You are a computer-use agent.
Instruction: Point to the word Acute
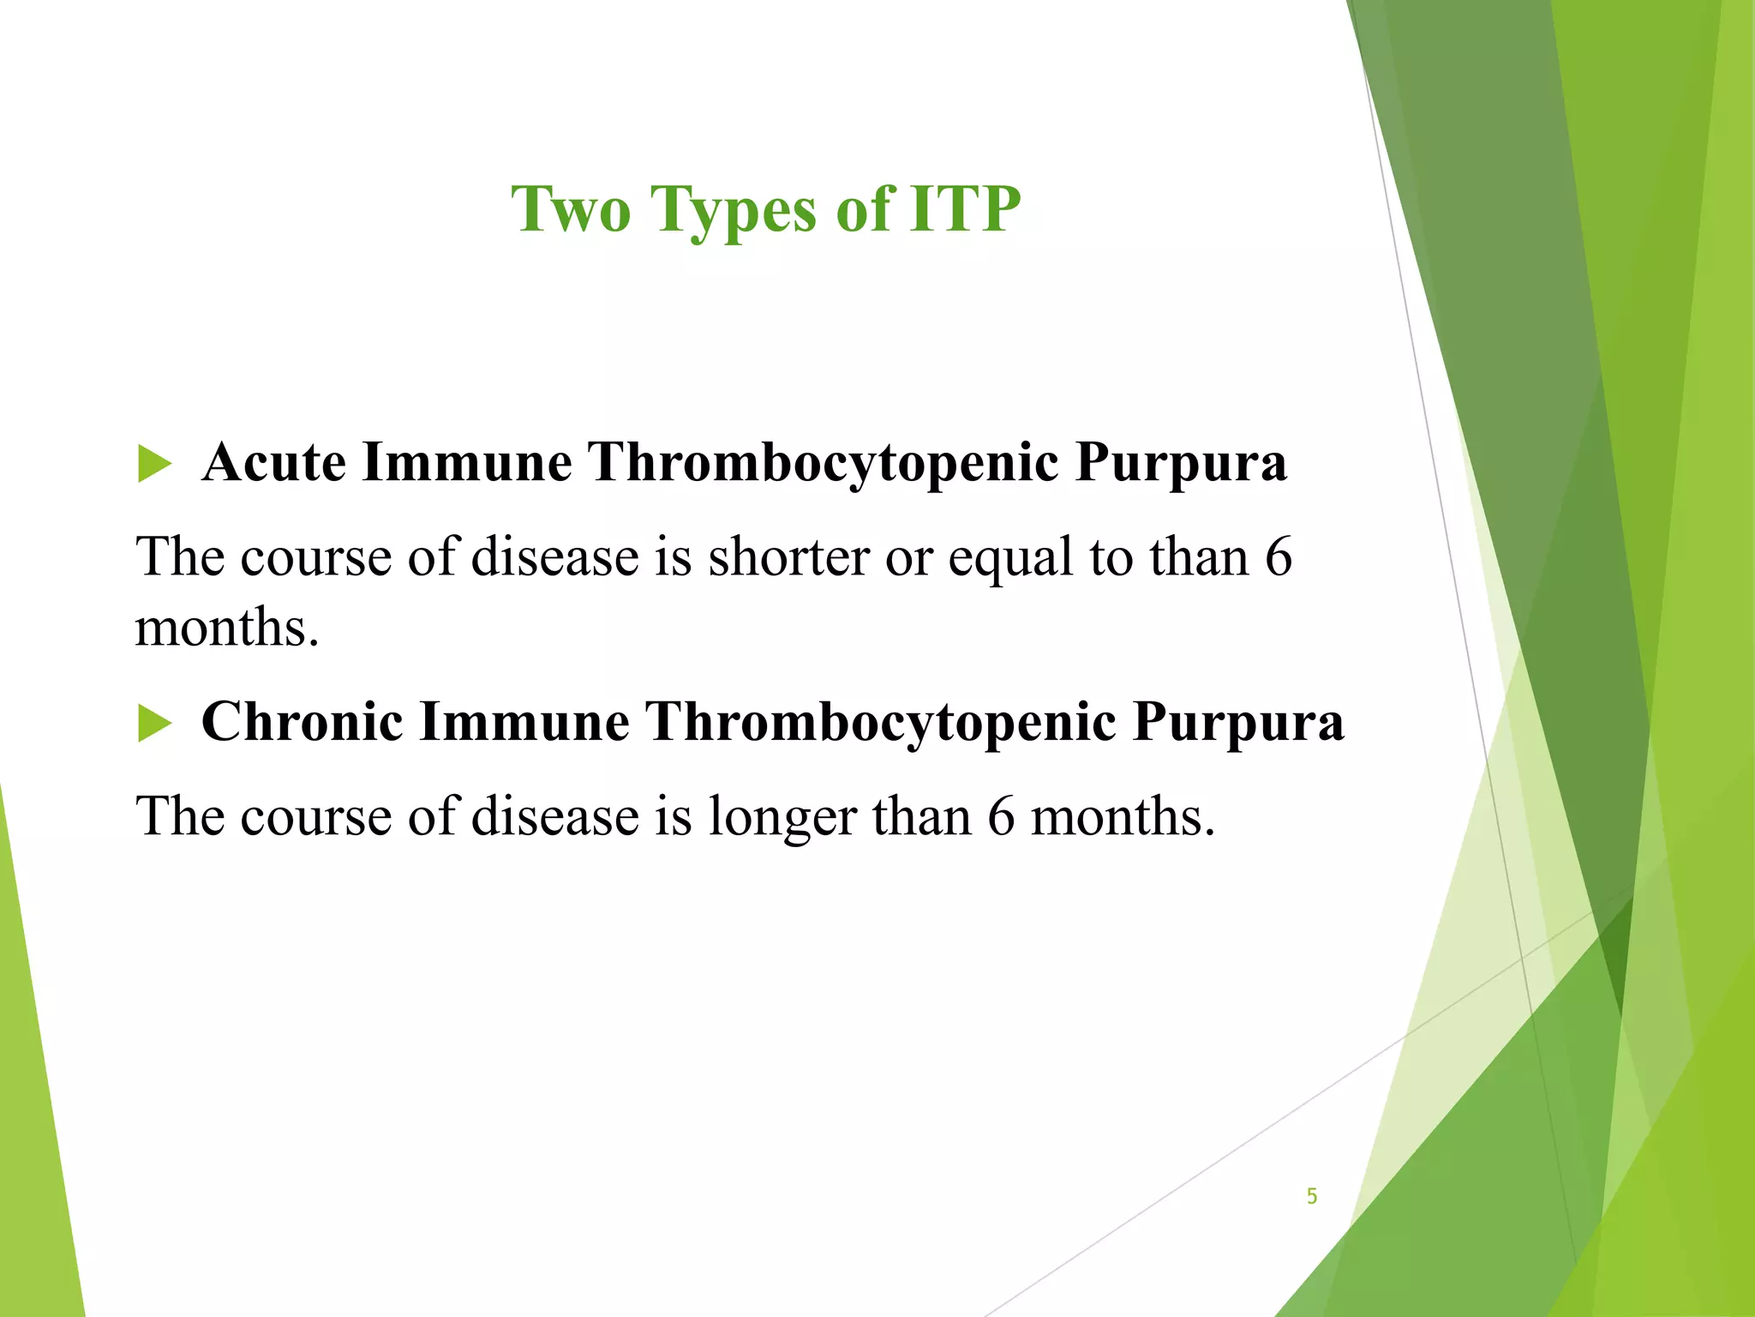[274, 463]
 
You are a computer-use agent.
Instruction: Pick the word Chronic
[302, 721]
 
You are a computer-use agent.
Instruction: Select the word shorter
[788, 557]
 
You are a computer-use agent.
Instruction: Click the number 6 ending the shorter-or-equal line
[1278, 557]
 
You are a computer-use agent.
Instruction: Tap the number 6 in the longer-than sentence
[1001, 816]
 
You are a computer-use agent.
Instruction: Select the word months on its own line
[226, 628]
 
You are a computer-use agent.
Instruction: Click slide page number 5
[1311, 1196]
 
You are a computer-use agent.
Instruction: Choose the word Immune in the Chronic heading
[524, 721]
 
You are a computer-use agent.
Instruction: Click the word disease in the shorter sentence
[555, 557]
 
